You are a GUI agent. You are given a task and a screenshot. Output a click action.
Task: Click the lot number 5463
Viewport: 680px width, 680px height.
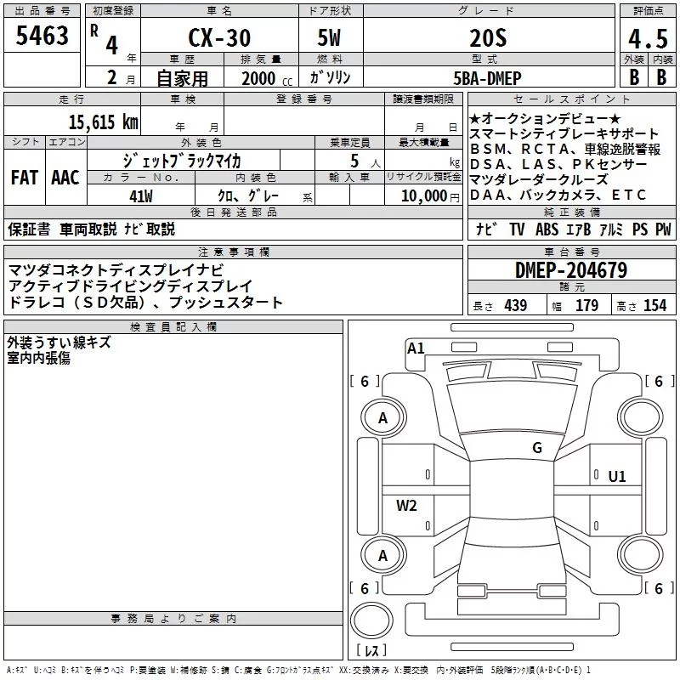point(42,35)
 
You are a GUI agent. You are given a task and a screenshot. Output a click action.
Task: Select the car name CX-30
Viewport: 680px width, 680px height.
point(219,37)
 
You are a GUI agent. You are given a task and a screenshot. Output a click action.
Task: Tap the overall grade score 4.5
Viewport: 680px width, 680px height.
point(648,38)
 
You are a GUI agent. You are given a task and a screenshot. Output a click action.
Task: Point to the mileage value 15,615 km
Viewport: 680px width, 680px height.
point(104,122)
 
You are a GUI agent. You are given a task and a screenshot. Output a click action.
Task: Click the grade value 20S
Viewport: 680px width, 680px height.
point(488,38)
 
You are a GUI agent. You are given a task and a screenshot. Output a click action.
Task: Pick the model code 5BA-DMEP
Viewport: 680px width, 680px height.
point(487,78)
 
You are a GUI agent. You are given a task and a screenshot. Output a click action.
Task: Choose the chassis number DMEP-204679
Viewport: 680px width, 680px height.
point(571,270)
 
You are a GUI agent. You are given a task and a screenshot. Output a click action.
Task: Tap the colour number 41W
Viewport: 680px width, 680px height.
point(141,196)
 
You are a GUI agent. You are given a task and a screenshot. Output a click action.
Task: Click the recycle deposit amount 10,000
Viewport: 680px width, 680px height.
point(424,196)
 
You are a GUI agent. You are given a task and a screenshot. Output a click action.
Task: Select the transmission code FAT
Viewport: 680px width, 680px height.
point(25,178)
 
